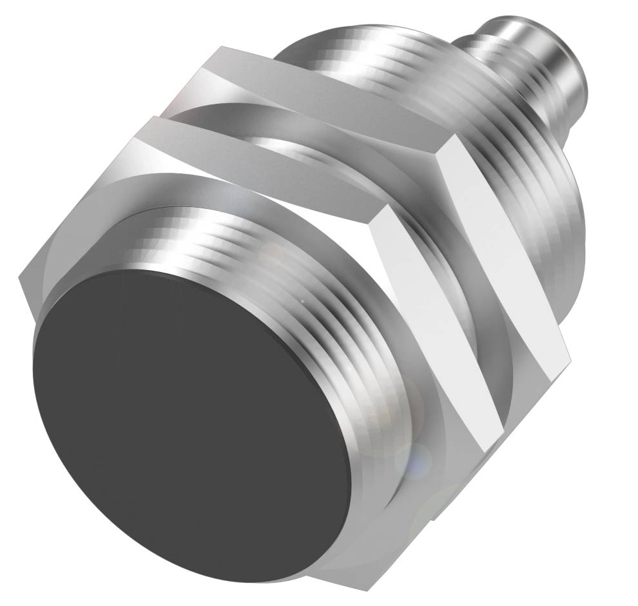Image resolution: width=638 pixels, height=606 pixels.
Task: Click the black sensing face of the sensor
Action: point(187,419)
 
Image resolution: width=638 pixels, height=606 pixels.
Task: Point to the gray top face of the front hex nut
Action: point(258,161)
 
